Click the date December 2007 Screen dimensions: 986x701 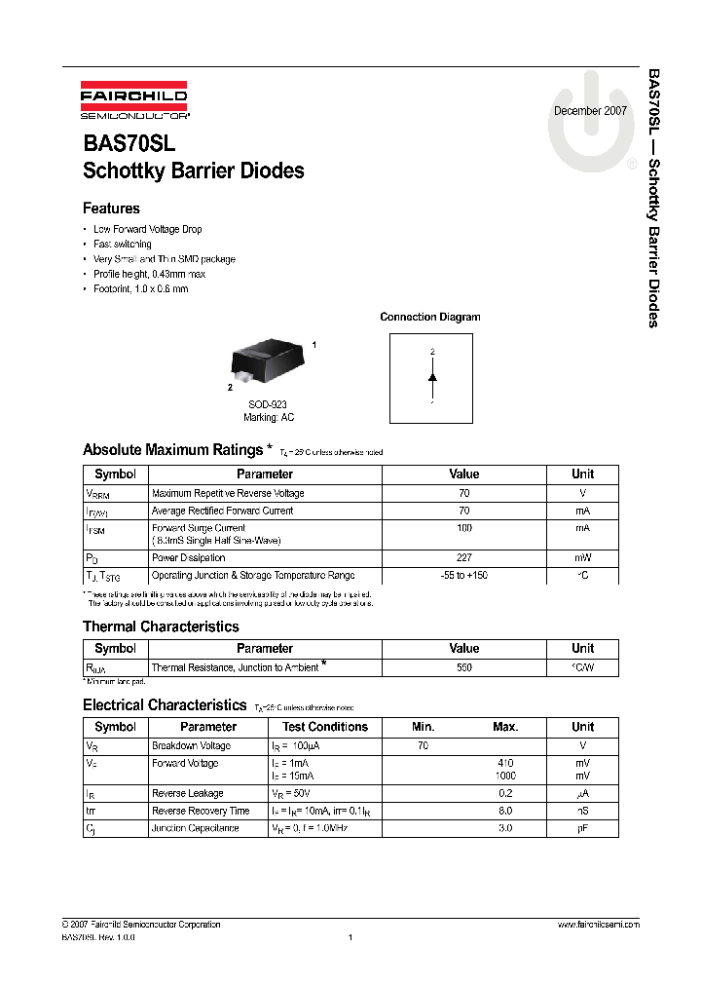point(590,111)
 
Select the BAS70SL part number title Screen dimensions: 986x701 point(129,142)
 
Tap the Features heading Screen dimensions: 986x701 point(111,209)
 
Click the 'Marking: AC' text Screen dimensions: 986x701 point(269,418)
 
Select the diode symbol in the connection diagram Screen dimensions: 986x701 point(432,376)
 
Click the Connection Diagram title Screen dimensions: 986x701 point(429,317)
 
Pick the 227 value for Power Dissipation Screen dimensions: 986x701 point(464,558)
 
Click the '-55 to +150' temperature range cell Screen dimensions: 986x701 point(464,576)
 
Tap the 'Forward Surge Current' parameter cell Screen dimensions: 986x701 point(199,528)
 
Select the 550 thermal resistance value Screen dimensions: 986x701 point(464,668)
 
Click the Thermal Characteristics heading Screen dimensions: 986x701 point(161,626)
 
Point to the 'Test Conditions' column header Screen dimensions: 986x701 point(325,727)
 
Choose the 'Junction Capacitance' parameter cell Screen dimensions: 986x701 point(195,828)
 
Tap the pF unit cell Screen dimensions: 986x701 point(582,828)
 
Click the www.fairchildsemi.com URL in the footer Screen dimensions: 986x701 point(598,925)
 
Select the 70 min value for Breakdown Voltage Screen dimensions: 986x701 point(423,746)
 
